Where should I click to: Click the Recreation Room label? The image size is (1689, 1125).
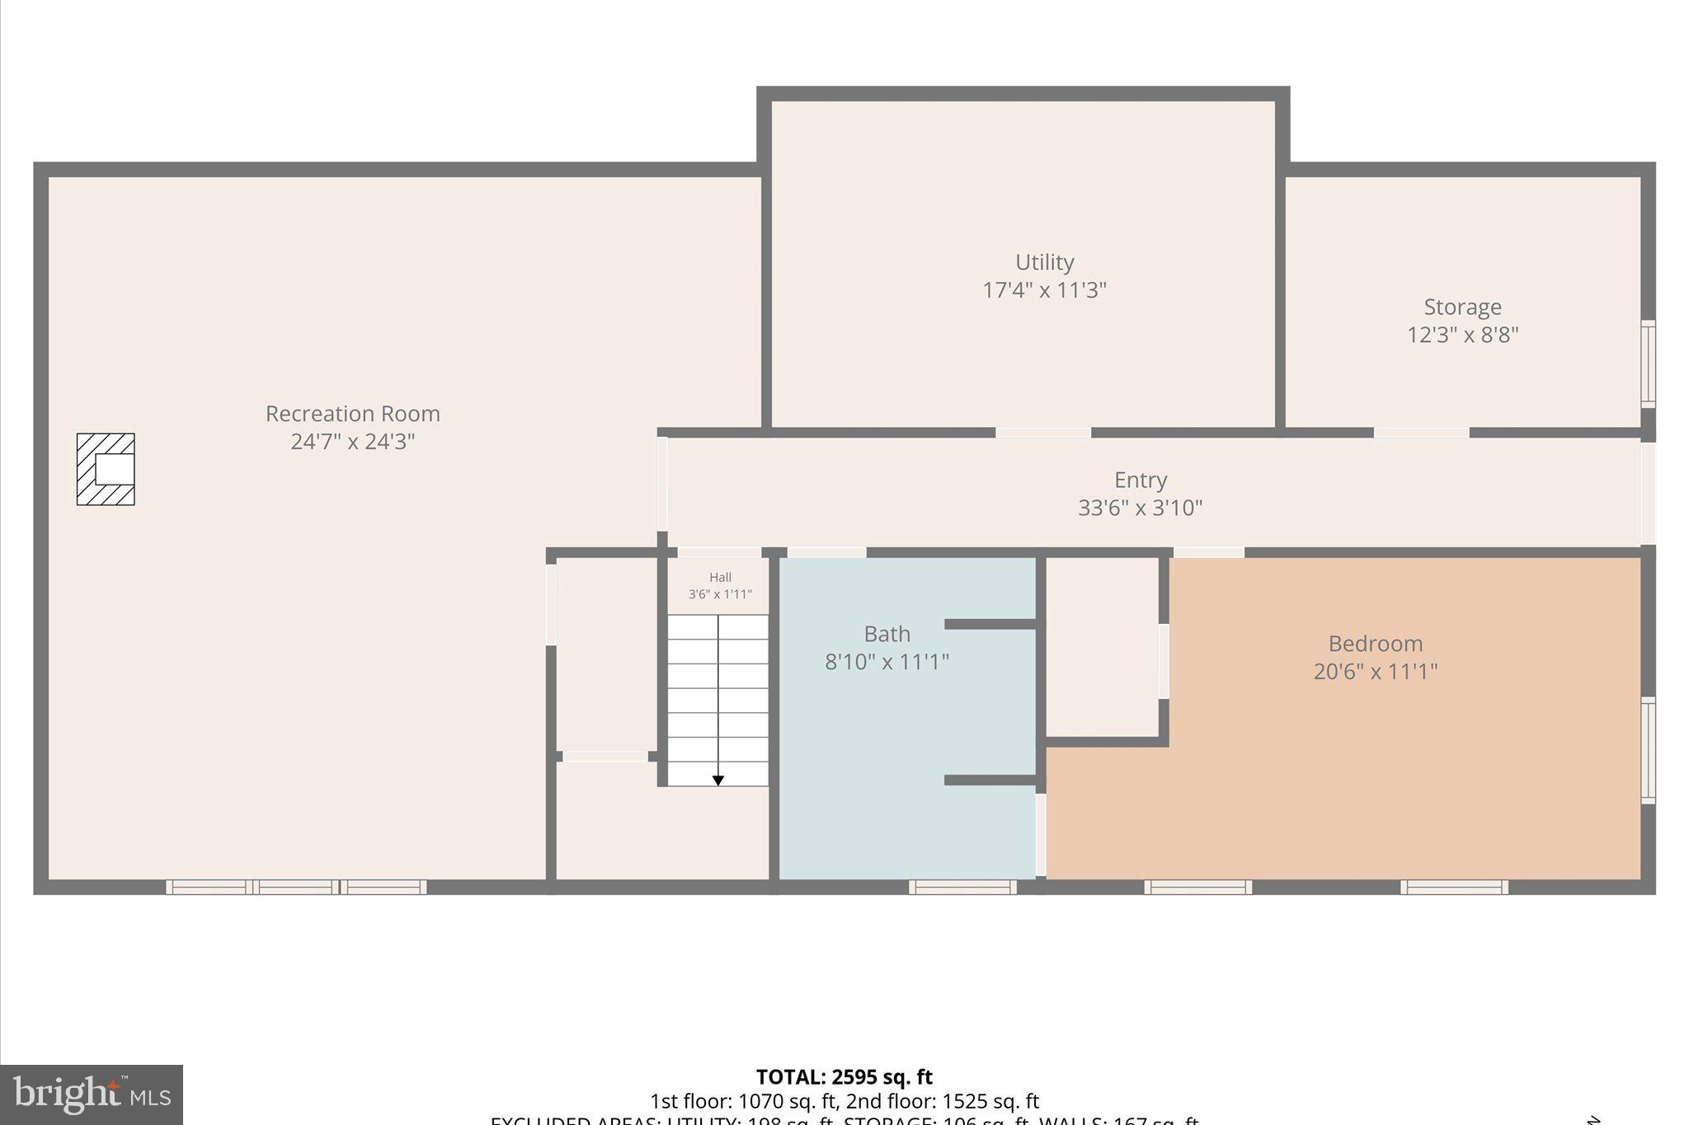(352, 414)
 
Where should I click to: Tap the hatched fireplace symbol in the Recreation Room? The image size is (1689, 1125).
(106, 469)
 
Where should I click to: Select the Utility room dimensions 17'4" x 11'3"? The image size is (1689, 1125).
(1044, 290)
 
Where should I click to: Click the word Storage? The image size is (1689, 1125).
(1462, 307)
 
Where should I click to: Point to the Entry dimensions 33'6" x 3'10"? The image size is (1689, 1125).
(1140, 508)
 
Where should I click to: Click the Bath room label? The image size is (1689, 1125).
(887, 634)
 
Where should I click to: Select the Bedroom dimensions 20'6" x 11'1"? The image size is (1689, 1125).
(1375, 672)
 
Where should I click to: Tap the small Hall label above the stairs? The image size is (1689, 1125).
(720, 578)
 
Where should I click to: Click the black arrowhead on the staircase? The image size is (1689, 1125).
(717, 780)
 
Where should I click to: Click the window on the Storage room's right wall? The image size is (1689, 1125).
(1647, 363)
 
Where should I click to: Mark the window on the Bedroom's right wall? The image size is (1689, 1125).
(1647, 750)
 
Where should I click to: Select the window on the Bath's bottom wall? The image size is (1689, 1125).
(962, 887)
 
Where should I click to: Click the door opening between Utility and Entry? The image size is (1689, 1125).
(1042, 433)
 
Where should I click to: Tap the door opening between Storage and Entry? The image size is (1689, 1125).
(1421, 433)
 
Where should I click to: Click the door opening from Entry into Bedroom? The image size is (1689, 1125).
(1208, 552)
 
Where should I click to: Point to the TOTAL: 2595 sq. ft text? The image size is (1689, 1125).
(844, 1077)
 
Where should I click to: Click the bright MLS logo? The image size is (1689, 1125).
(92, 1095)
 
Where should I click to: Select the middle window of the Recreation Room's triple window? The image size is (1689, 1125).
(296, 887)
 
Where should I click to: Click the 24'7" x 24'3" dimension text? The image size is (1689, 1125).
(352, 442)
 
